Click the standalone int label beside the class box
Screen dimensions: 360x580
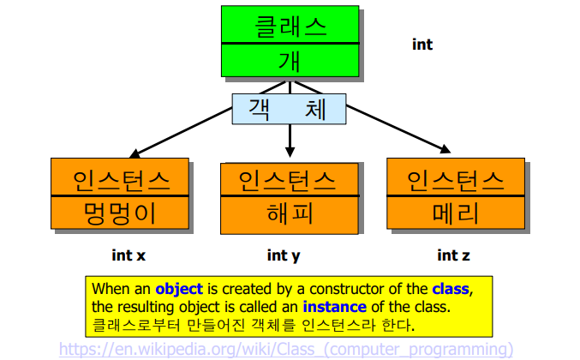click(x=422, y=44)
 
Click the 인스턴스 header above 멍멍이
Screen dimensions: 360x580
click(x=120, y=178)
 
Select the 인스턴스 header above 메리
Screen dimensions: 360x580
click(x=455, y=178)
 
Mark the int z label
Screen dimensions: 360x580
click(x=453, y=255)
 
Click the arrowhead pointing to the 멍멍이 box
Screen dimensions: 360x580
click(x=133, y=155)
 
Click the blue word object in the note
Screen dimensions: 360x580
click(x=178, y=289)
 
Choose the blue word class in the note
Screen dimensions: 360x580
click(x=451, y=289)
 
